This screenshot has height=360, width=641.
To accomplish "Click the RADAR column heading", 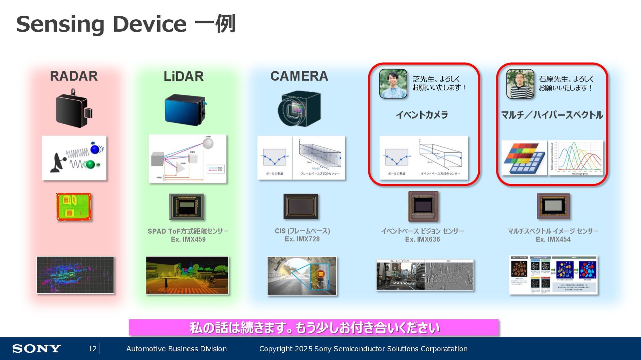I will coord(74,76).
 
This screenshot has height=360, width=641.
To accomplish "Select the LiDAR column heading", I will coord(184,76).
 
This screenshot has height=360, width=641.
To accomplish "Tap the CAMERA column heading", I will coord(299,76).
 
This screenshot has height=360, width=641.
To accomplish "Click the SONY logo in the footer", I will coord(36,349).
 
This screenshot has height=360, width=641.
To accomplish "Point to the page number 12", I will coord(92,349).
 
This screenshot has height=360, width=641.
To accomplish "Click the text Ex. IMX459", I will coord(188,239).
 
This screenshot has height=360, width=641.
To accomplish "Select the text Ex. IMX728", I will coord(302,239).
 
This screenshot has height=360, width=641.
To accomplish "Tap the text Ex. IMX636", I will coord(422,239).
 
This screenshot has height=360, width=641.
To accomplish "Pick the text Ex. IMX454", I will coord(553,239).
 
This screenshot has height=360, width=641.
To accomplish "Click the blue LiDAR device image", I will coord(185,109).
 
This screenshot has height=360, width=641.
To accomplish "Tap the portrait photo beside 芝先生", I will coord(393,83).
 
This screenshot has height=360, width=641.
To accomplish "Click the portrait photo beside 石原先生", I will coord(520,84).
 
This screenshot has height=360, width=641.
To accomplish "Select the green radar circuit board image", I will coord(74,207).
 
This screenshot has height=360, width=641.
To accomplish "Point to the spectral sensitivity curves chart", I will coord(576,157).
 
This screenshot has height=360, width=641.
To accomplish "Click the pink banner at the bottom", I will coord(313,327).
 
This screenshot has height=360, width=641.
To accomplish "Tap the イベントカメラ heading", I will coord(422,115).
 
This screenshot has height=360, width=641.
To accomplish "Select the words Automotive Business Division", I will coord(176,349).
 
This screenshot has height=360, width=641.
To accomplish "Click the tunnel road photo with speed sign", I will coord(302,276).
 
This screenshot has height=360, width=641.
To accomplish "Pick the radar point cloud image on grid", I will coord(75,275).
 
